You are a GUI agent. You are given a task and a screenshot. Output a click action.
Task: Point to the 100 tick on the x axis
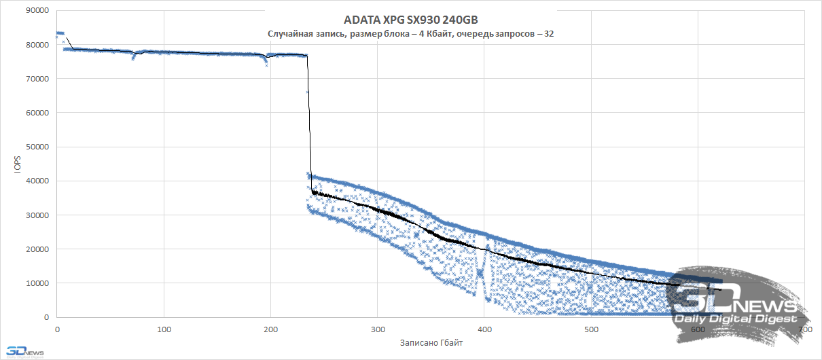[164, 329]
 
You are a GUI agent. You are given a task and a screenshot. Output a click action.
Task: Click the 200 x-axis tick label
[270, 329]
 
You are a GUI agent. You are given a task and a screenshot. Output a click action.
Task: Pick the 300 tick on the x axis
[377, 329]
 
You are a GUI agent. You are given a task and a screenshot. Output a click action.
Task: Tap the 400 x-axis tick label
[484, 329]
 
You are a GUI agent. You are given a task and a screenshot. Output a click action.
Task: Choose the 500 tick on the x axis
[590, 329]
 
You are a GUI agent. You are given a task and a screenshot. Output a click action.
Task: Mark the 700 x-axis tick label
[804, 329]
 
